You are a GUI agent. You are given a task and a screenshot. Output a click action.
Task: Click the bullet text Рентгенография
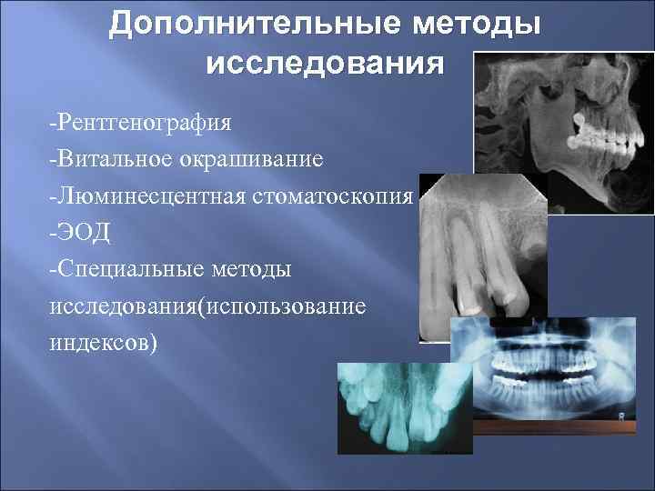pos(145,121)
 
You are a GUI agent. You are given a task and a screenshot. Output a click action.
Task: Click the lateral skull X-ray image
pos(564,118)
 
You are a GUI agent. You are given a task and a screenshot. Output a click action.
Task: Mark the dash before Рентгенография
pos(54,121)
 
